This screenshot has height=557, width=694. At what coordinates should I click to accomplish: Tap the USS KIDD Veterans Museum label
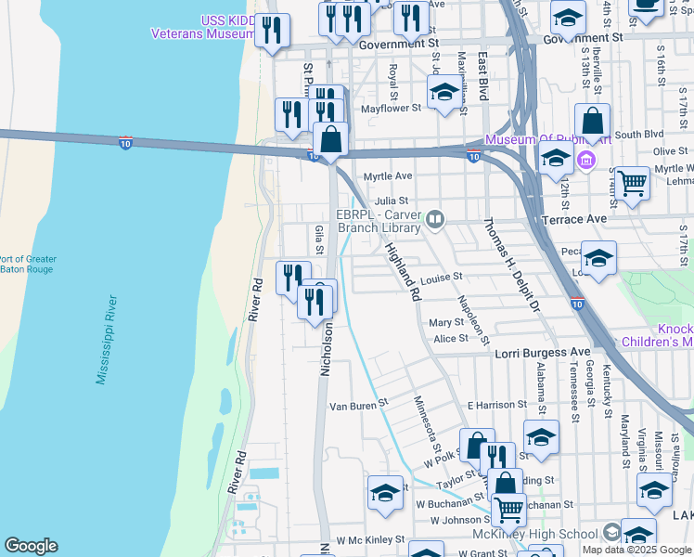point(203,27)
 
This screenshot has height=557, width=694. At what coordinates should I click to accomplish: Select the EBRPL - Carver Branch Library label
point(385,219)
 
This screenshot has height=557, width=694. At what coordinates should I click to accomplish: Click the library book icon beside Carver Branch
point(435,220)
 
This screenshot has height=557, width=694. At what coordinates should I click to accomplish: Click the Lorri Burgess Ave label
point(543,353)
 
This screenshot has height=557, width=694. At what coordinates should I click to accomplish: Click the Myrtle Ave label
point(387,175)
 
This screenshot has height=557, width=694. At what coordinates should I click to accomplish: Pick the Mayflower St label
point(391,108)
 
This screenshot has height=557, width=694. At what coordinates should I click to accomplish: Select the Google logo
point(31,546)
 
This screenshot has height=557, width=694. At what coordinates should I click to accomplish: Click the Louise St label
point(441,278)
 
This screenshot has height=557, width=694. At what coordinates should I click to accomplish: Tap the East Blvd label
point(482,76)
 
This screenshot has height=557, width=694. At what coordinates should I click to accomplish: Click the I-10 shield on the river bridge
point(125,142)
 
